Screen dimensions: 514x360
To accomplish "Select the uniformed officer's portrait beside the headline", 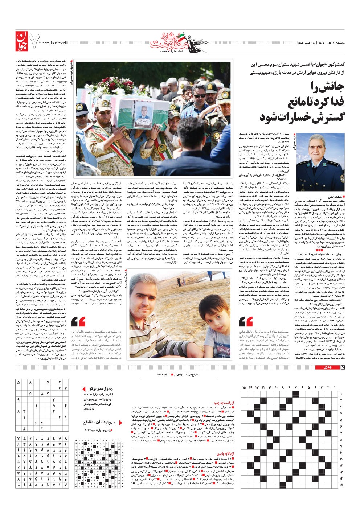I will pyautogui.click(x=326, y=158).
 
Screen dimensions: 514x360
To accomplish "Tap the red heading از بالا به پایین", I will pyautogui.click(x=225, y=453).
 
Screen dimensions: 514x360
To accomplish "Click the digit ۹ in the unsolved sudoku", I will pyautogui.click(x=18, y=399).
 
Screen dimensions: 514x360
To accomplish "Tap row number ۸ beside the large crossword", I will pyautogui.click(x=341, y=439).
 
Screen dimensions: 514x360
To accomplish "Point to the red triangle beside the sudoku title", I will pyautogui.click(x=84, y=389).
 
